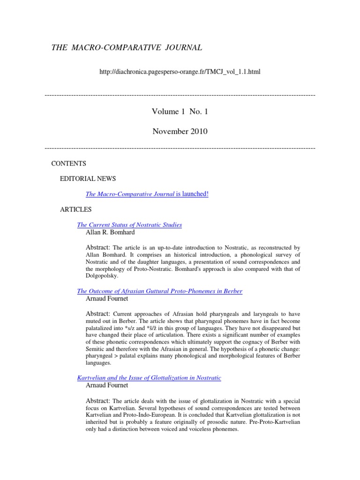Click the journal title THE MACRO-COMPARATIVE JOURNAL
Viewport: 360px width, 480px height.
[127, 47]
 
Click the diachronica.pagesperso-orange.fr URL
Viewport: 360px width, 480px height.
[180, 72]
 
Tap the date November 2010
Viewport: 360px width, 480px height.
[180, 131]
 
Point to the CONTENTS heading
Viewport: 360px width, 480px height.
[68, 164]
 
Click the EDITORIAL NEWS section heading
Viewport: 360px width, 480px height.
[88, 179]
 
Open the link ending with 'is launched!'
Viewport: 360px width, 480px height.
[147, 194]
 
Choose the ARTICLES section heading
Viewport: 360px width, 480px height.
[76, 209]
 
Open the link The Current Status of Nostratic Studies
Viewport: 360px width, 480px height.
[129, 225]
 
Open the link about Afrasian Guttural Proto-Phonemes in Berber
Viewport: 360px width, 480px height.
[159, 291]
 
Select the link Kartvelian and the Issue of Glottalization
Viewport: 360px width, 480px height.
[149, 377]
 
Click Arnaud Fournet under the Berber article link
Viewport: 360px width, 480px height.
[107, 299]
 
